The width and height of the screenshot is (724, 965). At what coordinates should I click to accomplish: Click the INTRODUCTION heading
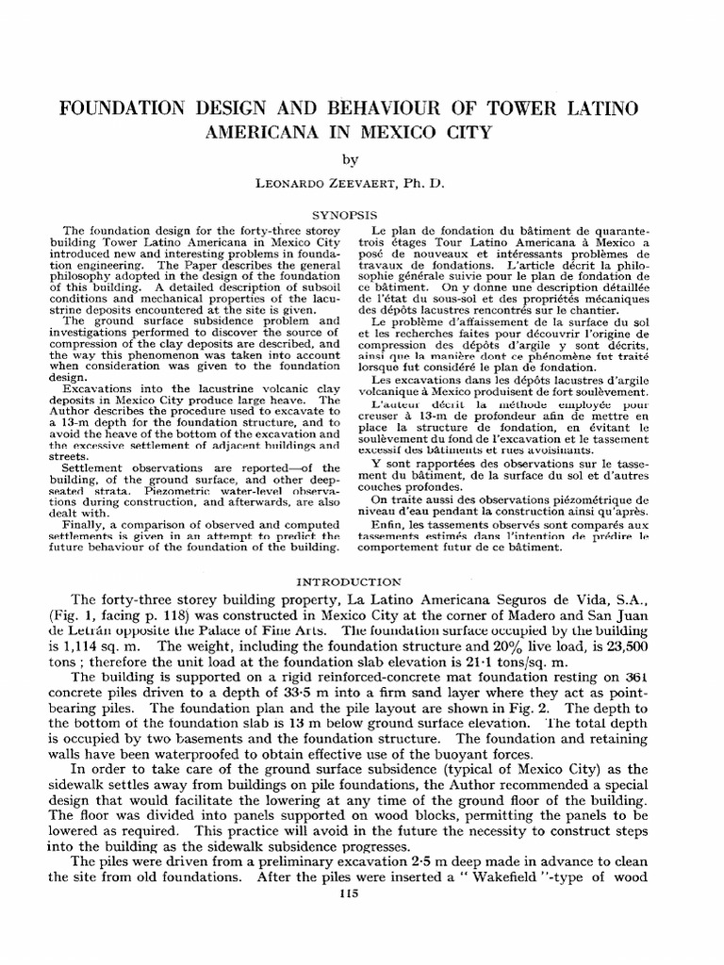click(x=362, y=581)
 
